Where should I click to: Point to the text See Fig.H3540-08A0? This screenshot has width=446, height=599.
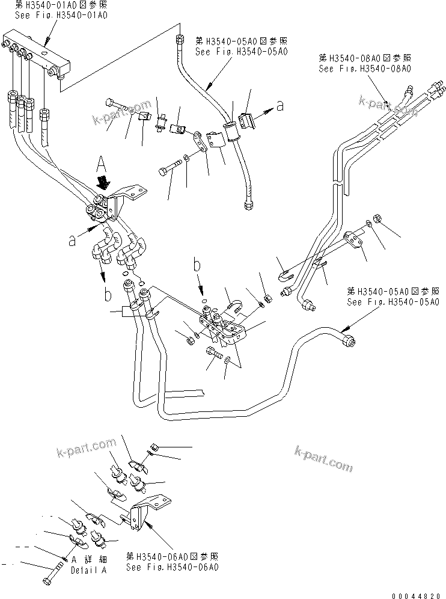tap(365, 69)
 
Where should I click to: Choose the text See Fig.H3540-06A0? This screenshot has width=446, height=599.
tap(172, 566)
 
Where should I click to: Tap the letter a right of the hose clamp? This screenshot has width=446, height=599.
tap(279, 105)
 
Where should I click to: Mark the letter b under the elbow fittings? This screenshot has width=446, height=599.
tap(108, 294)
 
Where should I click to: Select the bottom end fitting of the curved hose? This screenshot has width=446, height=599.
tap(249, 206)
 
